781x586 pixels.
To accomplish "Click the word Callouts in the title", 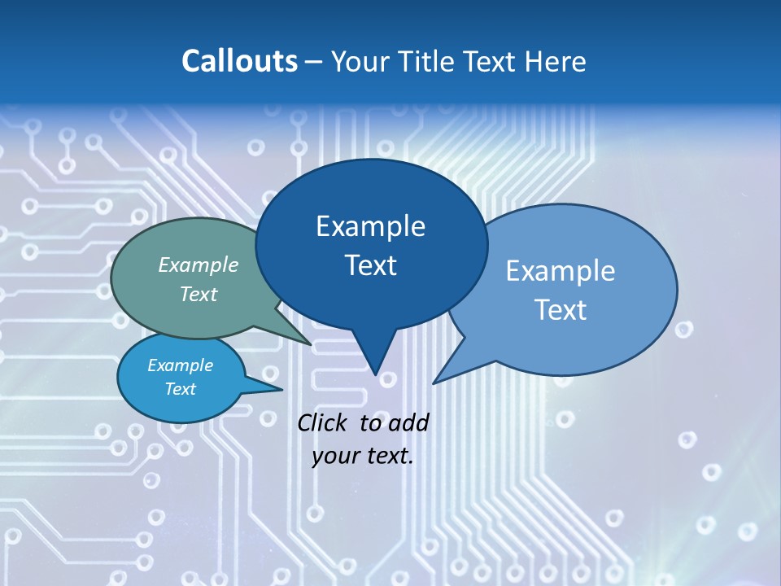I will click(x=239, y=61).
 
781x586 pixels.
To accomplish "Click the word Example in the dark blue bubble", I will click(x=370, y=226).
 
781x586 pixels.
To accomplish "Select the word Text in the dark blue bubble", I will click(x=370, y=265).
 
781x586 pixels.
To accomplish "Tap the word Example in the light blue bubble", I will click(x=561, y=271).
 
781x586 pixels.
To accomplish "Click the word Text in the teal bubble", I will click(x=199, y=294).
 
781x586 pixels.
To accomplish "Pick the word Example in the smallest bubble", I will click(x=180, y=365).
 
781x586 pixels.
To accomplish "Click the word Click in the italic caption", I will click(x=321, y=422).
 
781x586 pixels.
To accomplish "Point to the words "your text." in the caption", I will click(x=363, y=456).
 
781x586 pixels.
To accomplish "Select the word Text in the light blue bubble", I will click(x=561, y=310).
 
